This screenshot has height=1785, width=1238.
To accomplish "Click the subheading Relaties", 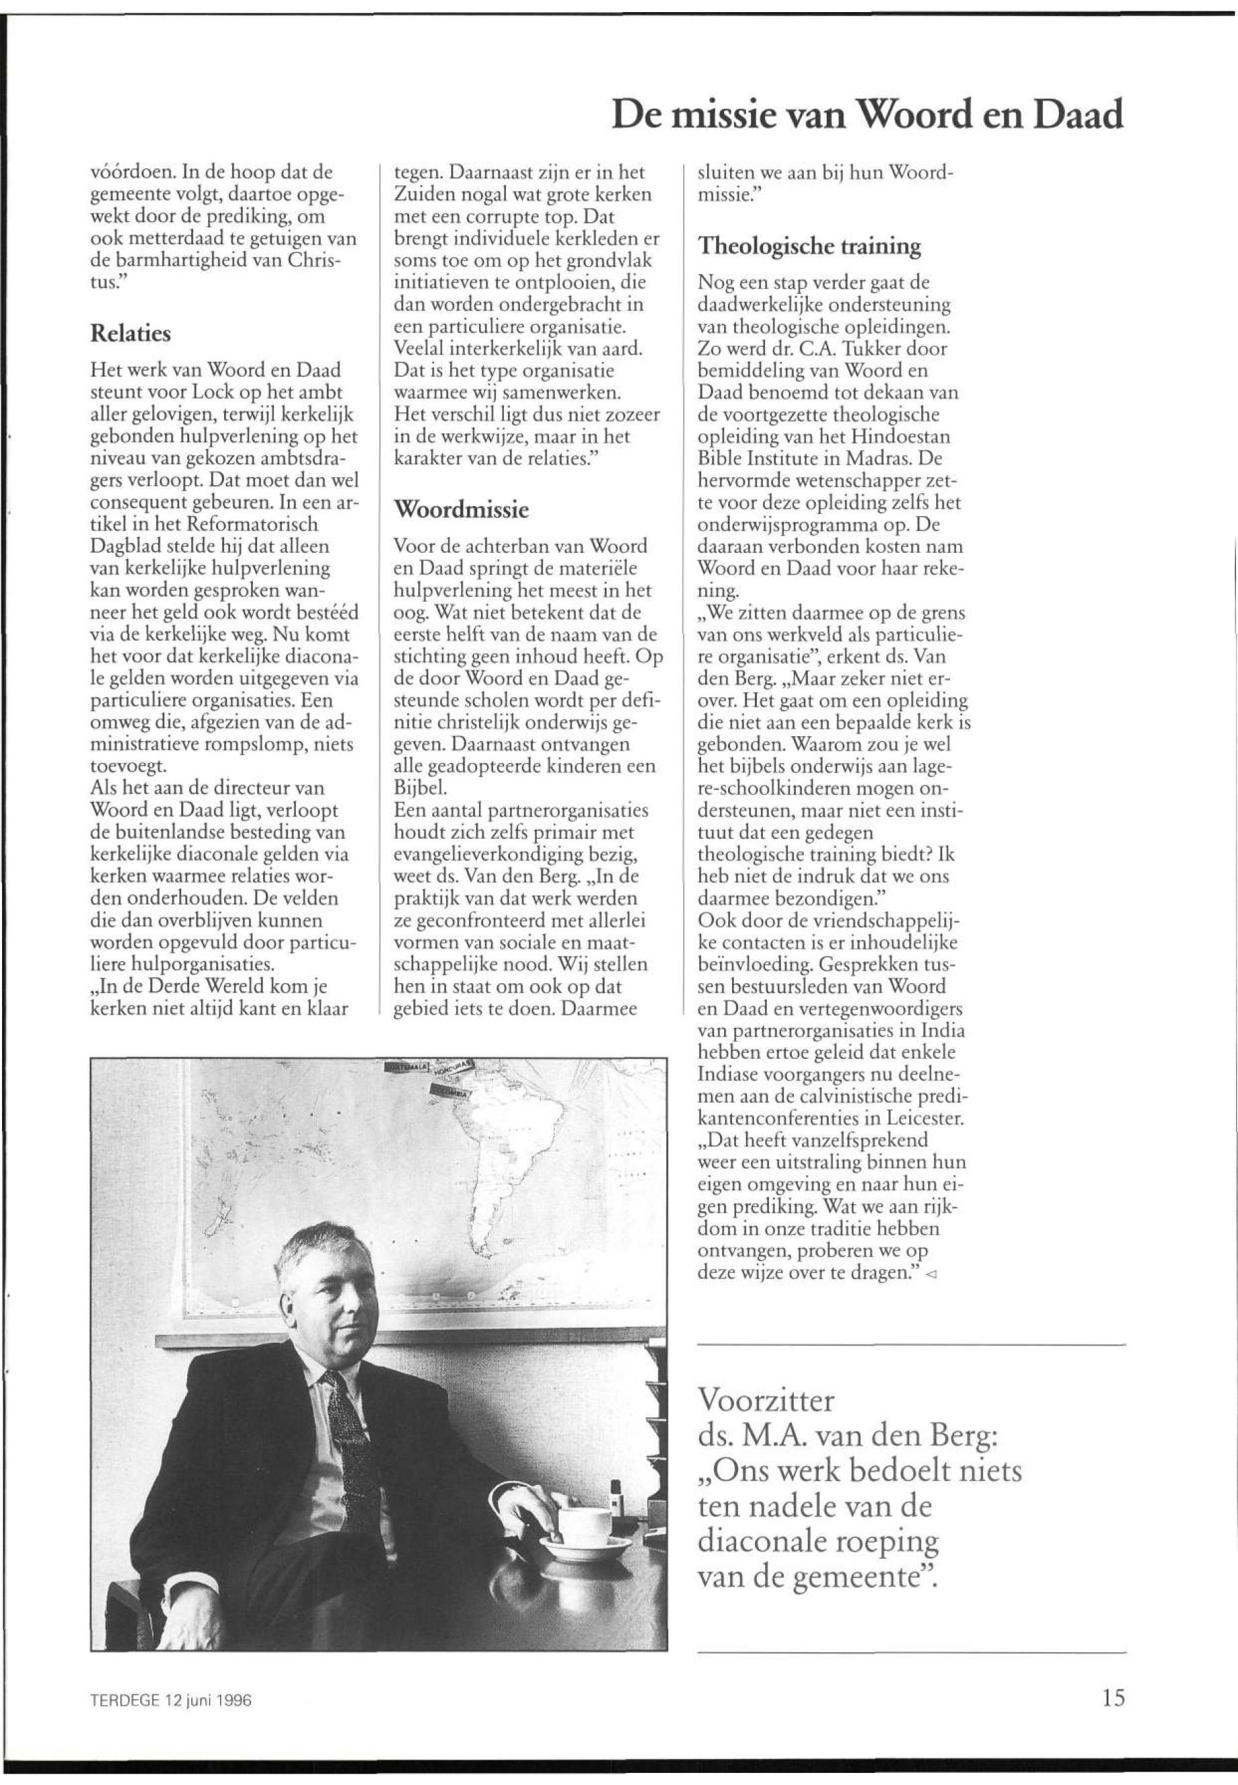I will (130, 334).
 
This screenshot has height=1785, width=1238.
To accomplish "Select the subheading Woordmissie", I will (462, 511).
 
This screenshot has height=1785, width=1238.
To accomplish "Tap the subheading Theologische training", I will (810, 247).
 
